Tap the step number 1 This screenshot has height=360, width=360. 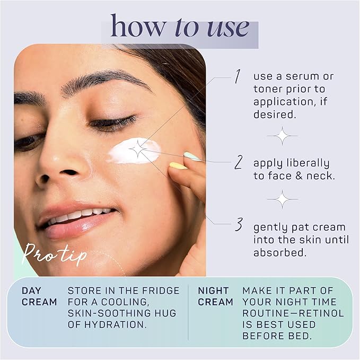pos(237,77)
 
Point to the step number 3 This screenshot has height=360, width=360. pos(239,225)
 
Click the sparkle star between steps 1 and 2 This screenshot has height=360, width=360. pos(282,136)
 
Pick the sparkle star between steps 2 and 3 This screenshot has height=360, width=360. pos(282,199)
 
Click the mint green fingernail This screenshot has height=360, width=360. pos(192,156)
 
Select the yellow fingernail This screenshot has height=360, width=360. pos(178,166)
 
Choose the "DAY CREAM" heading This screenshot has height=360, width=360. pos(39,296)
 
